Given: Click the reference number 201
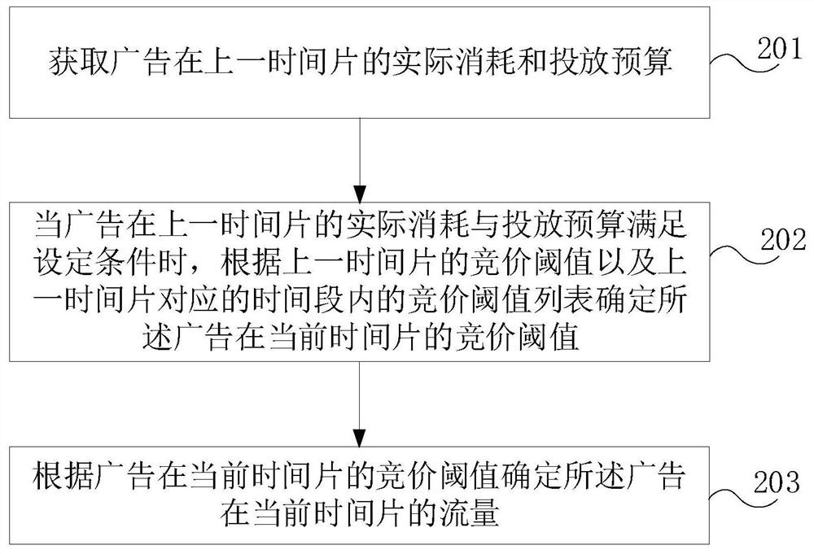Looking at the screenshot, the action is pyautogui.click(x=779, y=49).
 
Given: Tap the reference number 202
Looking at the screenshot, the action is pyautogui.click(x=783, y=239).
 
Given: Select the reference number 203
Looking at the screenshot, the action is pyautogui.click(x=777, y=482).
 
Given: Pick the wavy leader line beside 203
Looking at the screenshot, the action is pyautogui.click(x=733, y=495).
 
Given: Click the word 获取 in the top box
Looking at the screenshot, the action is pyautogui.click(x=80, y=62).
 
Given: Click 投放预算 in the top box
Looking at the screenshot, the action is pyautogui.click(x=610, y=62).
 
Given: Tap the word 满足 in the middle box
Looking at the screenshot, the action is pyautogui.click(x=657, y=225).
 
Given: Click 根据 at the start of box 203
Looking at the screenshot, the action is pyautogui.click(x=63, y=475).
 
